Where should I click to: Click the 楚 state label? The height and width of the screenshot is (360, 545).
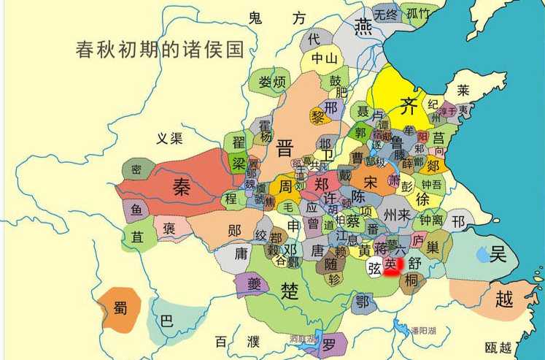290,291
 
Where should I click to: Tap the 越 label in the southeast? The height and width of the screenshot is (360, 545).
504,298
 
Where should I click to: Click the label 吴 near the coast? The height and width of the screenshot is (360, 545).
498,254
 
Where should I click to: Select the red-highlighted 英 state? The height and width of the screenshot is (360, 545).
393,264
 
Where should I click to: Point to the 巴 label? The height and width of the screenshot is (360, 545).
166,321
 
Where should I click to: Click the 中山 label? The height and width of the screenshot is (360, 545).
325,58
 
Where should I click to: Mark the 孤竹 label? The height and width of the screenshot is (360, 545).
419,13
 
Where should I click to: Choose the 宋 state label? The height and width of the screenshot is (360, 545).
371,180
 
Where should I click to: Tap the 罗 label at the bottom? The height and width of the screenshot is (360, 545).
330,343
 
